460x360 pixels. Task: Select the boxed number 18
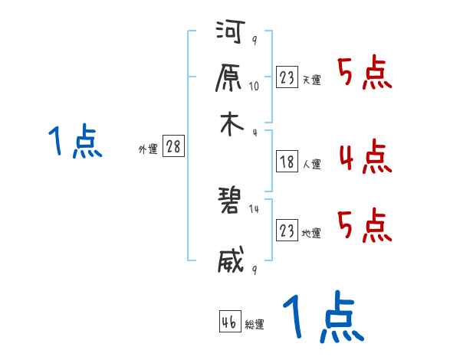pos(287,162)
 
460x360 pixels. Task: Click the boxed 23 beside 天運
pos(287,77)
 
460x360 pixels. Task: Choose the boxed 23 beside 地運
pos(287,231)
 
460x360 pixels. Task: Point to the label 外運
pos(147,150)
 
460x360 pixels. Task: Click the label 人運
pos(311,164)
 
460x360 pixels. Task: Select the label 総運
pos(255,325)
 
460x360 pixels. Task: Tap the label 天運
pos(311,80)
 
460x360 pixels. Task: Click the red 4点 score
pos(365,157)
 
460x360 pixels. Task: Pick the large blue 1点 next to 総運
pos(323,317)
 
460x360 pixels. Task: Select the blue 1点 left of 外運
pos(75,142)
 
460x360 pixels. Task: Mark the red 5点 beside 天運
pos(365,74)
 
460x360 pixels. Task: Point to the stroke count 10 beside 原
pos(254,86)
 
